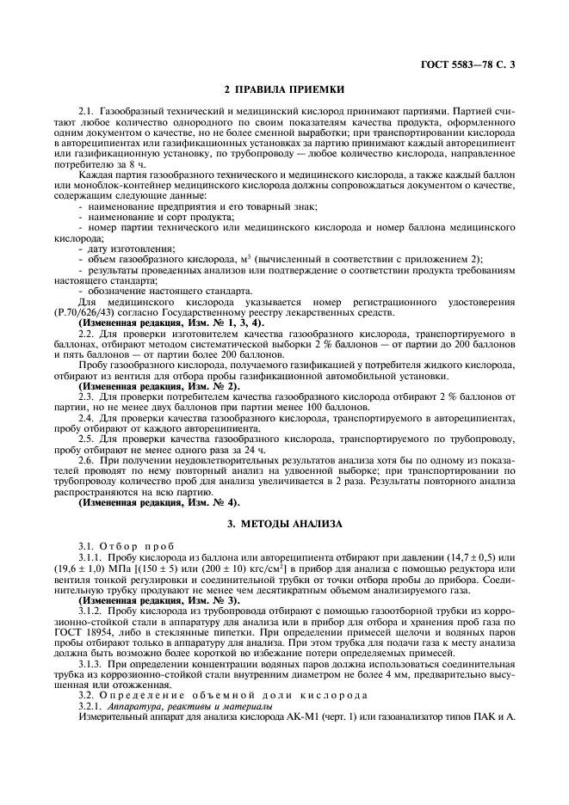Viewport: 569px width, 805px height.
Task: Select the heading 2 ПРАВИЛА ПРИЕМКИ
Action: pos(284,89)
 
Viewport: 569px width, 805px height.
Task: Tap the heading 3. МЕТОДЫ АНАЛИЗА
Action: pos(284,524)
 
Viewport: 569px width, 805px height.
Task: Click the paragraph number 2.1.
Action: pos(85,112)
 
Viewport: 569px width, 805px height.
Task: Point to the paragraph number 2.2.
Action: pos(85,331)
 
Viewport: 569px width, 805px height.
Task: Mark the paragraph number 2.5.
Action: pos(85,439)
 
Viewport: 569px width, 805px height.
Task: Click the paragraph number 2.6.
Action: pos(85,460)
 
